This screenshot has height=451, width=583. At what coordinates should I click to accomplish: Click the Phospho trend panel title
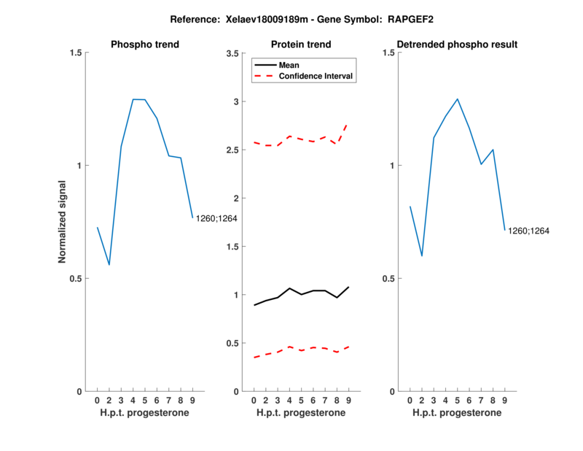click(145, 45)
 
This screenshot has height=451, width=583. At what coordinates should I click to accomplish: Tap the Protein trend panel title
click(301, 45)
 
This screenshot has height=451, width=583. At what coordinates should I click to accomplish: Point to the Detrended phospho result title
click(457, 45)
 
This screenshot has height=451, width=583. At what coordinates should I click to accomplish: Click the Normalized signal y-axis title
click(63, 222)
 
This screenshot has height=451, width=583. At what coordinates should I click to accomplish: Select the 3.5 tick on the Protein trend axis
click(234, 53)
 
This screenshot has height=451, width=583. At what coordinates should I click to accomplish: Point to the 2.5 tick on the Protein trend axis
click(234, 150)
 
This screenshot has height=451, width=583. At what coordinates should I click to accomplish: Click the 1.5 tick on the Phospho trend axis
click(76, 53)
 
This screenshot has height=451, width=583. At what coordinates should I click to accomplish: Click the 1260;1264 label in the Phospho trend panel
click(216, 218)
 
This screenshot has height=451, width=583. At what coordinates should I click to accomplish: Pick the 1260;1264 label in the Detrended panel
click(528, 231)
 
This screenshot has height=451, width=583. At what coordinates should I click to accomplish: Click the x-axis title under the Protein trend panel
click(301, 413)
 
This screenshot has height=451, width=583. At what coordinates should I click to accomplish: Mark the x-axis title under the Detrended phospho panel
click(457, 413)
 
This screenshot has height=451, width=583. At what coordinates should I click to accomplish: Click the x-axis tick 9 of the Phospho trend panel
click(192, 401)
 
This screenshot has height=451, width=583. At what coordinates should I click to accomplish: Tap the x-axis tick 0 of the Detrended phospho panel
click(410, 401)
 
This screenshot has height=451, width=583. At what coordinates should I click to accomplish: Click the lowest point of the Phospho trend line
click(109, 264)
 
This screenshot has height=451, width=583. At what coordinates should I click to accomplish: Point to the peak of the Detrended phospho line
click(457, 99)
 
